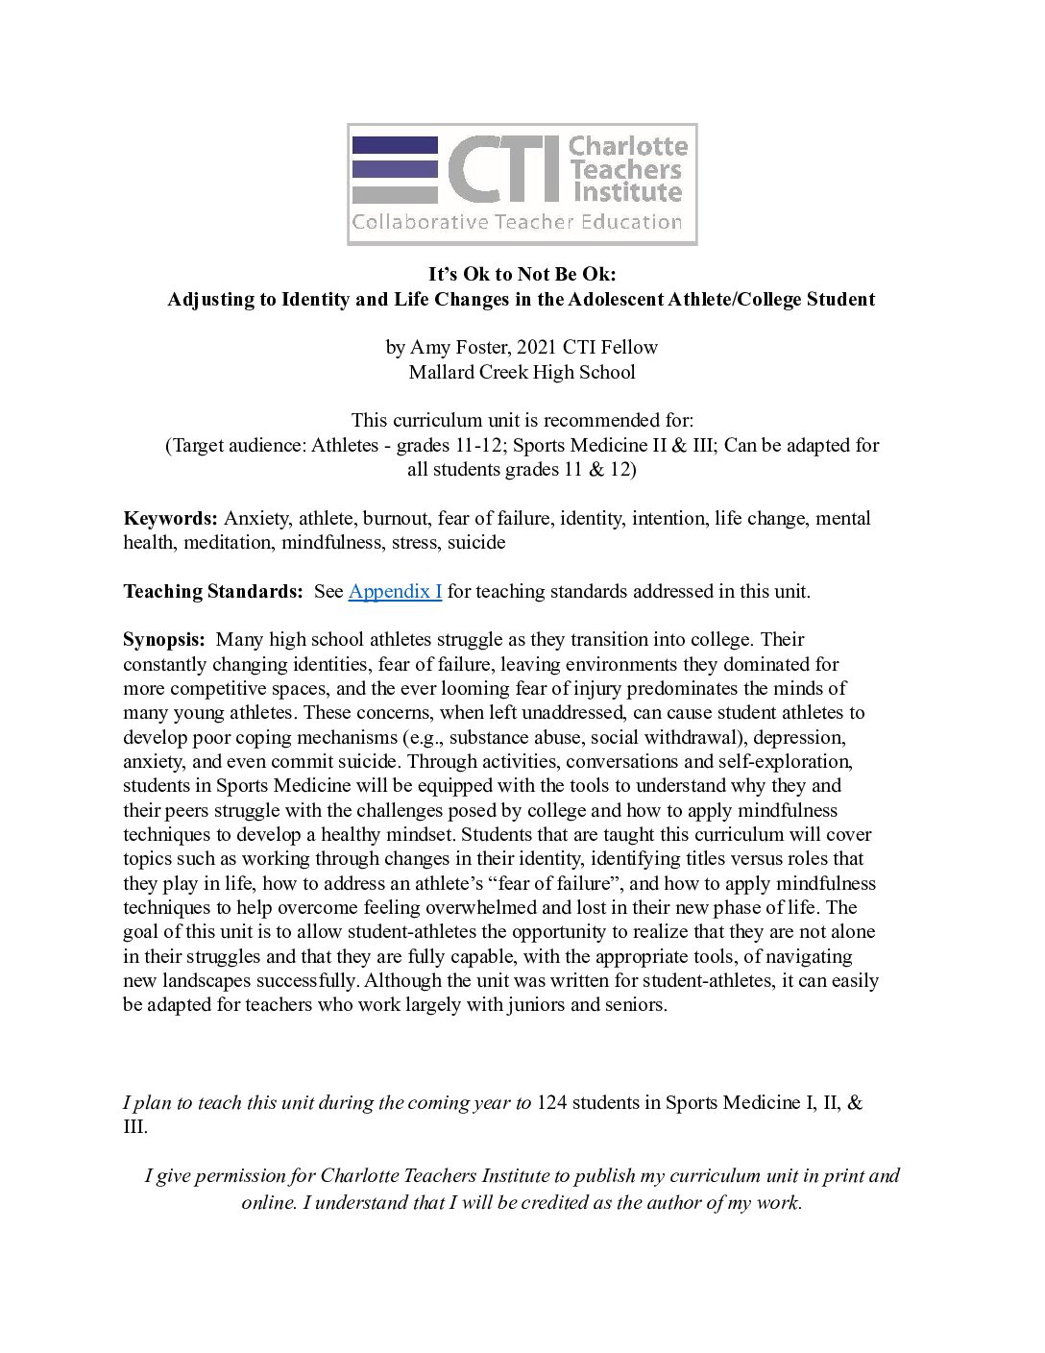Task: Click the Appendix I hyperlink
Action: tap(395, 591)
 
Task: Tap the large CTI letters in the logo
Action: tap(502, 169)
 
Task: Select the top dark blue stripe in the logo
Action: tap(395, 145)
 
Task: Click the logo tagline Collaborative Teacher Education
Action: tap(517, 223)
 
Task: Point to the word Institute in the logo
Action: tap(627, 192)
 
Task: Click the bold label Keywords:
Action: tap(171, 518)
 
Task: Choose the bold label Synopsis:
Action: tap(164, 640)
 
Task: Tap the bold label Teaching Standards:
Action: tap(213, 591)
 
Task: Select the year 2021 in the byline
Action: tap(536, 347)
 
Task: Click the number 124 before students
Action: tap(551, 1102)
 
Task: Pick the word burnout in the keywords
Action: tap(394, 518)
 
